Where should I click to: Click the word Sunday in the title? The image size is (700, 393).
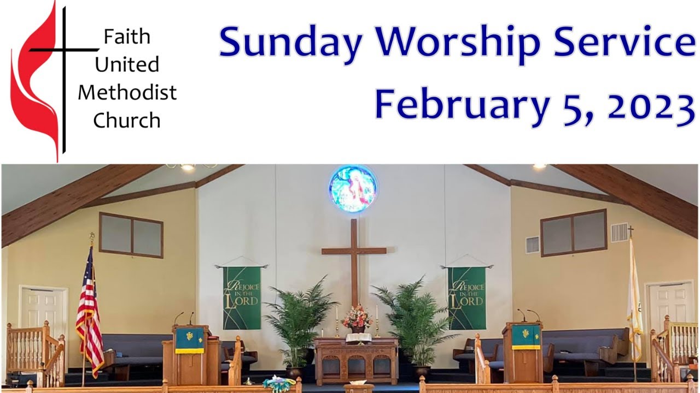point(290,44)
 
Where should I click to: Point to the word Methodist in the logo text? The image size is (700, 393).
point(127,92)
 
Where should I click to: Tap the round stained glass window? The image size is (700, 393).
point(353,188)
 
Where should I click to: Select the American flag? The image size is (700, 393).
point(89,311)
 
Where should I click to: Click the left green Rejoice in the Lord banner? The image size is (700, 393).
point(242,297)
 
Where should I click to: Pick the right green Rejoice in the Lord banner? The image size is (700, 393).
point(466,297)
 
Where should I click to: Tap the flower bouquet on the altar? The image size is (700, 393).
point(356,318)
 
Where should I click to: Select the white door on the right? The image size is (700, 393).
point(670,306)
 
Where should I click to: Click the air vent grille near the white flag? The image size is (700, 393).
point(619,232)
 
